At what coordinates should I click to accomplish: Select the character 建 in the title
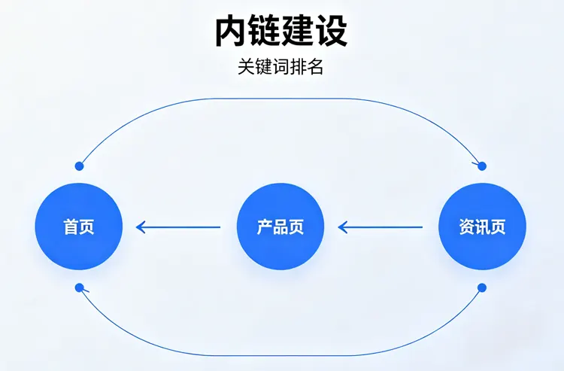tap(298, 32)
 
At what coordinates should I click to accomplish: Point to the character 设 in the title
tap(331, 32)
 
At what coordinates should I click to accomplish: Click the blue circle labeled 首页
tap(79, 227)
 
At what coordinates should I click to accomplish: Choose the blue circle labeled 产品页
tap(280, 227)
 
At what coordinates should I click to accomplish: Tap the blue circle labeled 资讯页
tap(482, 227)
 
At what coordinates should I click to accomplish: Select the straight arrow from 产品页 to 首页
tap(178, 227)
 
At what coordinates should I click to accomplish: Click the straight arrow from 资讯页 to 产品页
tap(380, 227)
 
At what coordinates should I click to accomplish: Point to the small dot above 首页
tap(79, 166)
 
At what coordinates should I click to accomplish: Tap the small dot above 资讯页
tap(482, 166)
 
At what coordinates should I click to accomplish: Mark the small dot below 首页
tap(79, 287)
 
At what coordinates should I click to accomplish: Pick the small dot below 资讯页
tap(482, 287)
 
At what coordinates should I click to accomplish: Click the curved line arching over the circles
tap(280, 99)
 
